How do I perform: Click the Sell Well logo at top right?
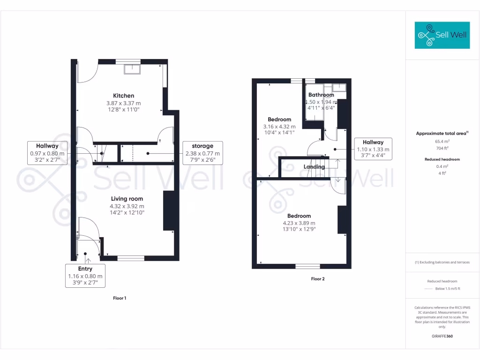tap(442, 35)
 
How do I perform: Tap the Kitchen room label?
tap(123, 96)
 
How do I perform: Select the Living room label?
tap(127, 199)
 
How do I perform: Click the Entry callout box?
tap(85, 276)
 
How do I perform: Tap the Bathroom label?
tap(321, 95)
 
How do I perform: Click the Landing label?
tap(314, 166)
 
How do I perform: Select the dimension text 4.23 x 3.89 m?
tap(299, 223)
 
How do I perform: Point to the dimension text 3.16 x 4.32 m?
tap(279, 127)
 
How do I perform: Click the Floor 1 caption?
tap(120, 298)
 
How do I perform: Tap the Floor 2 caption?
tap(318, 279)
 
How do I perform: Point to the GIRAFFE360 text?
tap(442, 336)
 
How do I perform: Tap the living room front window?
tap(131, 258)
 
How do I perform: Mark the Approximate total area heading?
tap(442, 134)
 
